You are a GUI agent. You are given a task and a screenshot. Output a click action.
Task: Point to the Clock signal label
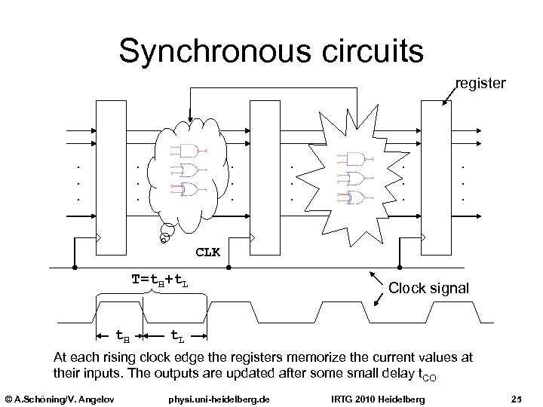click(428, 287)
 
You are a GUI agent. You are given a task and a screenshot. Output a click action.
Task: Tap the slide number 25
click(517, 397)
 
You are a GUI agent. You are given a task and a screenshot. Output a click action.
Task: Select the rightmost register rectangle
click(433, 176)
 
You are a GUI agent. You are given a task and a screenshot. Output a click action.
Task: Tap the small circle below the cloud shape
click(164, 240)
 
